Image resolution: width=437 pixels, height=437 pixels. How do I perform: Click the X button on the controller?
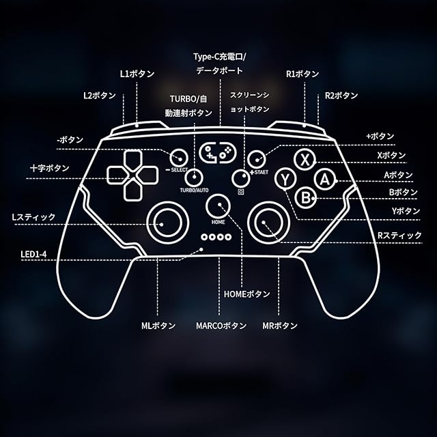[x=304, y=159]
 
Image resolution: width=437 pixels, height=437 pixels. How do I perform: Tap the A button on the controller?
[x=324, y=179]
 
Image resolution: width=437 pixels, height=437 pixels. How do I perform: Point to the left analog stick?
[x=167, y=220]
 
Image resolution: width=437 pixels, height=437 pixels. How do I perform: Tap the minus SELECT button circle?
[x=179, y=156]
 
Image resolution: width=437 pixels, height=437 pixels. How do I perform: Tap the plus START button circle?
[x=257, y=158]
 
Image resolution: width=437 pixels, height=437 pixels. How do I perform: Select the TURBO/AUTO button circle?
[x=194, y=177]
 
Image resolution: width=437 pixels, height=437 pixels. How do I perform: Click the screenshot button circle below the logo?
[x=240, y=178]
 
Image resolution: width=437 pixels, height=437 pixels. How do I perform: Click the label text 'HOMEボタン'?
[x=247, y=294]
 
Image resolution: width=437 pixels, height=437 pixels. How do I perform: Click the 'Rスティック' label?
[x=399, y=236]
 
